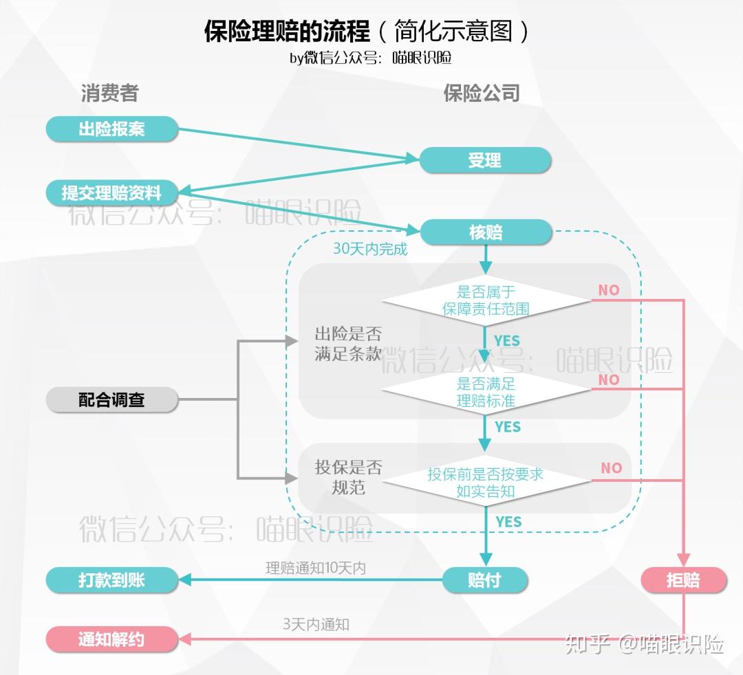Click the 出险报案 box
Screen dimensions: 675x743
(111, 129)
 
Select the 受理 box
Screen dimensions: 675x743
(485, 160)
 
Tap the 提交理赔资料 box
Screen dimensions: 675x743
(111, 192)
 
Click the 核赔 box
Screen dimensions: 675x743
(486, 232)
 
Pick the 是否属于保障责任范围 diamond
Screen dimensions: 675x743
(486, 300)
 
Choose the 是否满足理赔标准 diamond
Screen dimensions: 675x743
(486, 391)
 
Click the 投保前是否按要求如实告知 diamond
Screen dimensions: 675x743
(486, 483)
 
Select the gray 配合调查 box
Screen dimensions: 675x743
(111, 399)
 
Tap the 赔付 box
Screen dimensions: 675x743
(484, 580)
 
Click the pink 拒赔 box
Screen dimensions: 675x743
(683, 580)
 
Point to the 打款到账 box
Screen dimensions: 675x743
(111, 580)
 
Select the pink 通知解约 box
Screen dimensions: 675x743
(111, 639)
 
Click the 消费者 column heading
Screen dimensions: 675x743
(110, 93)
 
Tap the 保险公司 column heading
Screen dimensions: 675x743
(482, 93)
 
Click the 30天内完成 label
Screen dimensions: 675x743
(370, 249)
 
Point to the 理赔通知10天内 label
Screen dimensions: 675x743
(316, 568)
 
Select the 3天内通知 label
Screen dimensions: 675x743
(316, 624)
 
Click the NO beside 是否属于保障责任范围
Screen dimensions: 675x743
(608, 290)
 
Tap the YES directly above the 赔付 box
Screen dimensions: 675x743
(508, 522)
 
